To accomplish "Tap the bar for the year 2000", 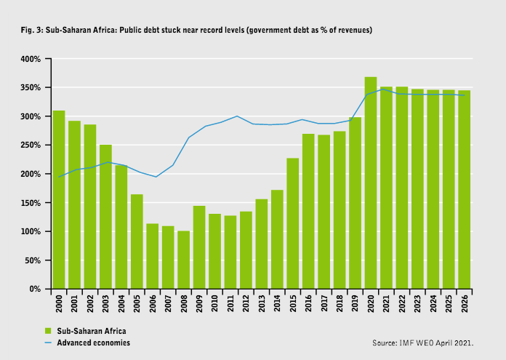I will tap(59, 200).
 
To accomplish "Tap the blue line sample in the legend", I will tap(47, 342).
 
